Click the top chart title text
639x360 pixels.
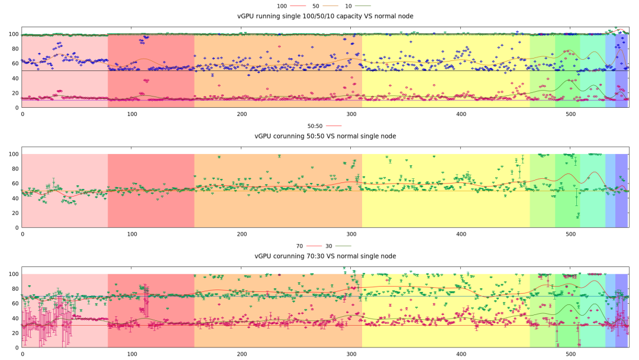coord(325,16)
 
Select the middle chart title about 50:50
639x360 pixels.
coord(325,136)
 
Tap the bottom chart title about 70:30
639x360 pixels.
coord(325,256)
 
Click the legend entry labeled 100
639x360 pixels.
coord(282,6)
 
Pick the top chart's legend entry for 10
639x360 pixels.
coord(349,6)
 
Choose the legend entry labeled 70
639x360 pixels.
coord(301,246)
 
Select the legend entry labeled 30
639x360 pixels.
coord(330,246)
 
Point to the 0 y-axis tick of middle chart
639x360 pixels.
coord(17,227)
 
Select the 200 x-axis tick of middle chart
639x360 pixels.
coord(242,234)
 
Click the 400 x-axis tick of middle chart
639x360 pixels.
coord(461,234)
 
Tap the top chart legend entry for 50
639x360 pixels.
coord(316,6)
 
